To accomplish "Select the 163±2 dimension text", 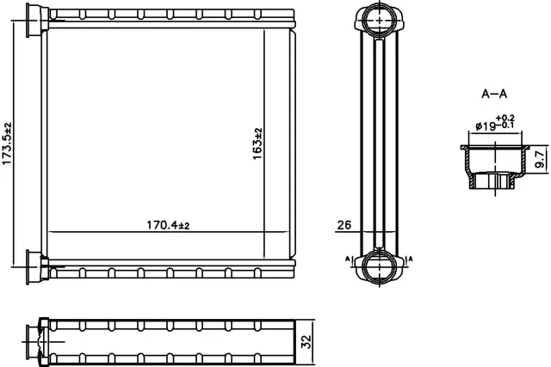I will pos(257,142).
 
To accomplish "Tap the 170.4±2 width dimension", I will pos(168,225).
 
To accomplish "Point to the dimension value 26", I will pos(343,227).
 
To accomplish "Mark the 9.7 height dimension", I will pos(540,158).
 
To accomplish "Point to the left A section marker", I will pos(347,258).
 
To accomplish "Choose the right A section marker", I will pos(410,258).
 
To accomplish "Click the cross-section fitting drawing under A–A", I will pos(493,168).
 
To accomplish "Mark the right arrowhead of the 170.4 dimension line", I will pos(288,232).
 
